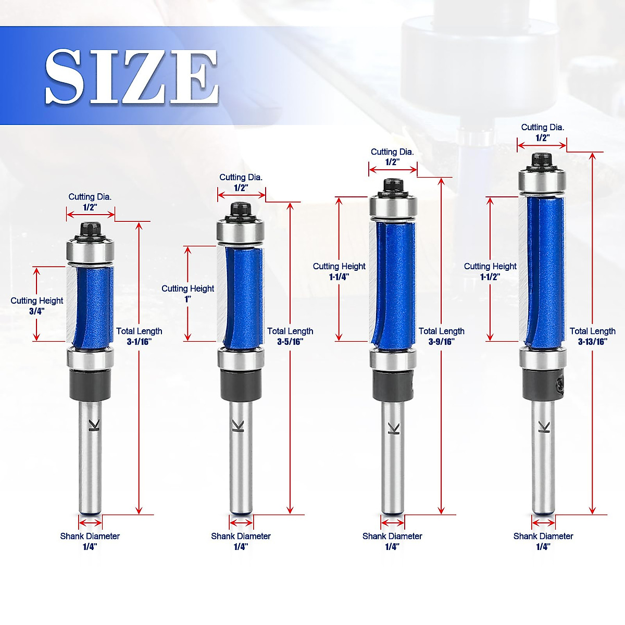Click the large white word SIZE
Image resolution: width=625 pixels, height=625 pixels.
(x=131, y=77)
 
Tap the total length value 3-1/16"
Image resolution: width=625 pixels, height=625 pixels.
(x=139, y=342)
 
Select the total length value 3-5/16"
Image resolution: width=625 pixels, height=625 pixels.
(x=290, y=342)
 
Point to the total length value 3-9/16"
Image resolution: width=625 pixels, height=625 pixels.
(x=441, y=342)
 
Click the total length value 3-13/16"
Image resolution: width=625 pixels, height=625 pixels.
(x=593, y=342)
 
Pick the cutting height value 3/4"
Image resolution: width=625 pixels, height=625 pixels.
(x=37, y=311)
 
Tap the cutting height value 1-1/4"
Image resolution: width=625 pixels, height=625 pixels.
(x=339, y=277)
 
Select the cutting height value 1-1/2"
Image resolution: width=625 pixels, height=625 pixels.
(x=490, y=277)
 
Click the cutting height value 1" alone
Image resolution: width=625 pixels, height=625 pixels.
(x=188, y=299)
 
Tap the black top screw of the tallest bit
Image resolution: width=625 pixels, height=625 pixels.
(x=542, y=159)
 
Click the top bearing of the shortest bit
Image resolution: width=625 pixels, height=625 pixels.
(x=90, y=251)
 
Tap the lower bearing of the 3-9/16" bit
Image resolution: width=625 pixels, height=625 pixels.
(x=392, y=360)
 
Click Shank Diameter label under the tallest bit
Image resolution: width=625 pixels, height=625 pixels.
(x=543, y=536)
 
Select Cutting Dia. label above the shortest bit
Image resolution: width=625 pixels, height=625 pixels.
(x=90, y=197)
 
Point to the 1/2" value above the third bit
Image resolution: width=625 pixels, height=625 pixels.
(x=392, y=162)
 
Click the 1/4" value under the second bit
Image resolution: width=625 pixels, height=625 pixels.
(x=241, y=547)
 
